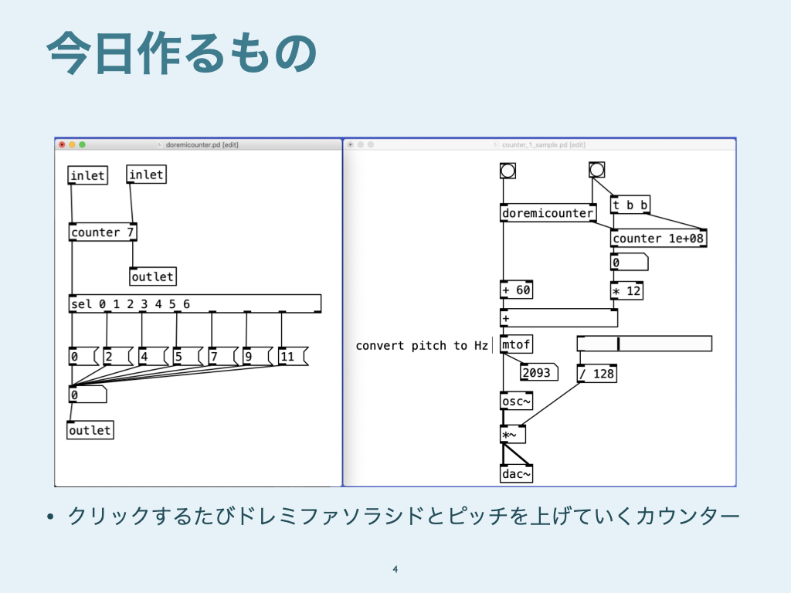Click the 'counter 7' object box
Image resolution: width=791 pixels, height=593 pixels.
pos(103,232)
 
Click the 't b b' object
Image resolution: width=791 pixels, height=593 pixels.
pos(630,205)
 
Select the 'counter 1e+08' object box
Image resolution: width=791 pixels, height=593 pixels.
pos(658,239)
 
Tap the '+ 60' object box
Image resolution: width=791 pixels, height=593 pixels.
pos(517,290)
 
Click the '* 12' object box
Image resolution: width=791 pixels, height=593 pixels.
pos(626,291)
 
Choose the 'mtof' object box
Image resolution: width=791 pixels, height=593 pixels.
pos(516,345)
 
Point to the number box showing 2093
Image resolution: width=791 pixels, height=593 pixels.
pos(538,373)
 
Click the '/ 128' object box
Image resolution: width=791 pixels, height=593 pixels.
pos(596,374)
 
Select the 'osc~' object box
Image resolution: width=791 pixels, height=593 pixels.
pos(516,402)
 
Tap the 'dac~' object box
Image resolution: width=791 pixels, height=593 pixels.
pos(516,474)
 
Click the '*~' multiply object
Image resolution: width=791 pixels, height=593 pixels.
pos(512,435)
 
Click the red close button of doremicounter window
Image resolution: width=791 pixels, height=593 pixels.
pos(62,144)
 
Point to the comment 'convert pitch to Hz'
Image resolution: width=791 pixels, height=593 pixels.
pos(422,345)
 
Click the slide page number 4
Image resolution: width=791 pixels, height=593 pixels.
pos(395,570)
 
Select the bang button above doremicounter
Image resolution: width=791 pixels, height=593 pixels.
pos(508,171)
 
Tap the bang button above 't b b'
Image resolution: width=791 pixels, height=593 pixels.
pos(596,170)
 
